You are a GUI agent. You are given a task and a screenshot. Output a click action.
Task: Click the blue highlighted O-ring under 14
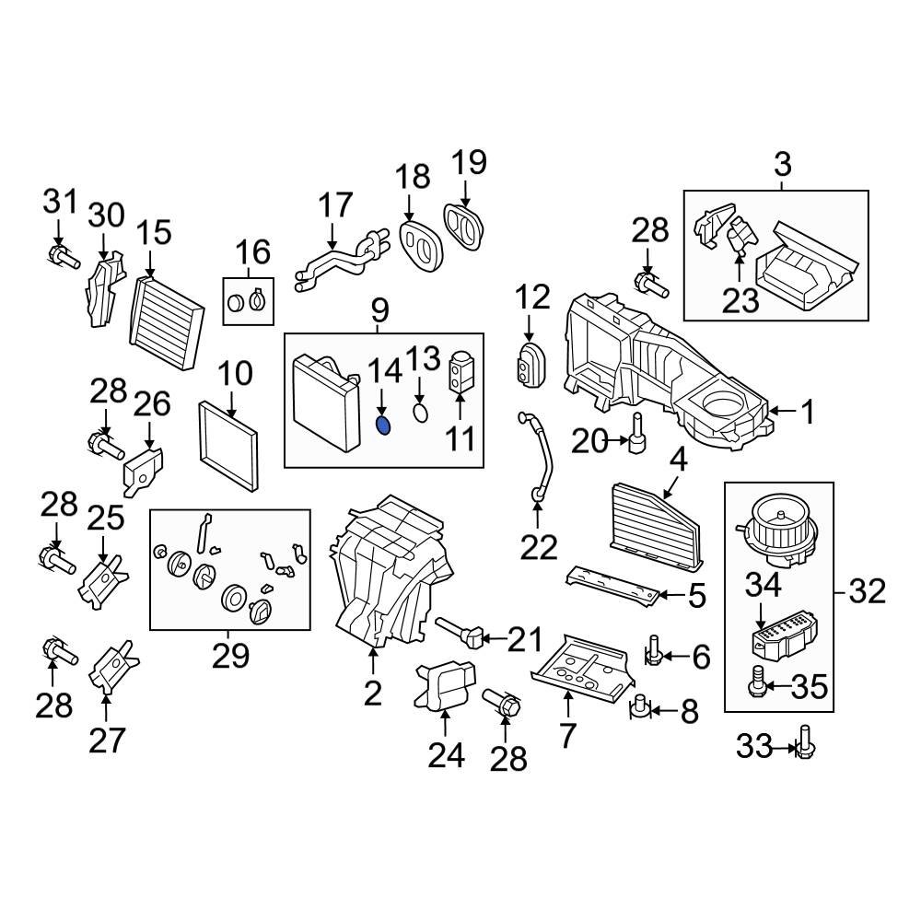pyautogui.click(x=384, y=425)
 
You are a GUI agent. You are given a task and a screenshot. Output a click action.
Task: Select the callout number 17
pyautogui.click(x=336, y=205)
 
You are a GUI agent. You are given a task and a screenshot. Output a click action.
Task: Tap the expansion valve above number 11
pyautogui.click(x=461, y=373)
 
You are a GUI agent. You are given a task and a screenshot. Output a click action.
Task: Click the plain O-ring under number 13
pyautogui.click(x=420, y=412)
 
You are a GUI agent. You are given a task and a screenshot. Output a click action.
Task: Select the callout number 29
pyautogui.click(x=230, y=656)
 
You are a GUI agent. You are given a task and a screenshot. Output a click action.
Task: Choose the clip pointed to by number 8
pyautogui.click(x=639, y=708)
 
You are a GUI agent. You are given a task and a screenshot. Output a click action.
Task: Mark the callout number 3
pyautogui.click(x=781, y=166)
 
